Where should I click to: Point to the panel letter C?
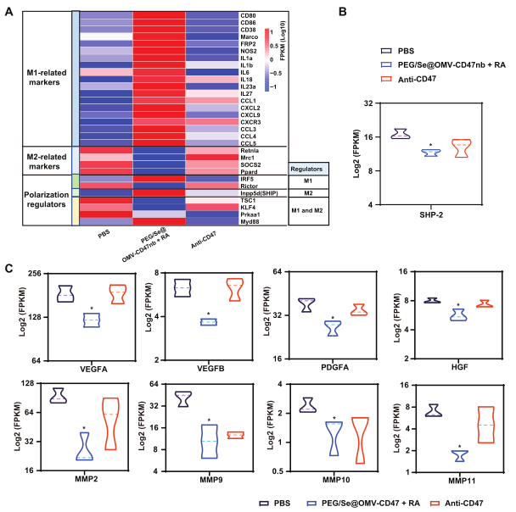[8, 268]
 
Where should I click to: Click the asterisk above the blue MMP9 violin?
[208, 420]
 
